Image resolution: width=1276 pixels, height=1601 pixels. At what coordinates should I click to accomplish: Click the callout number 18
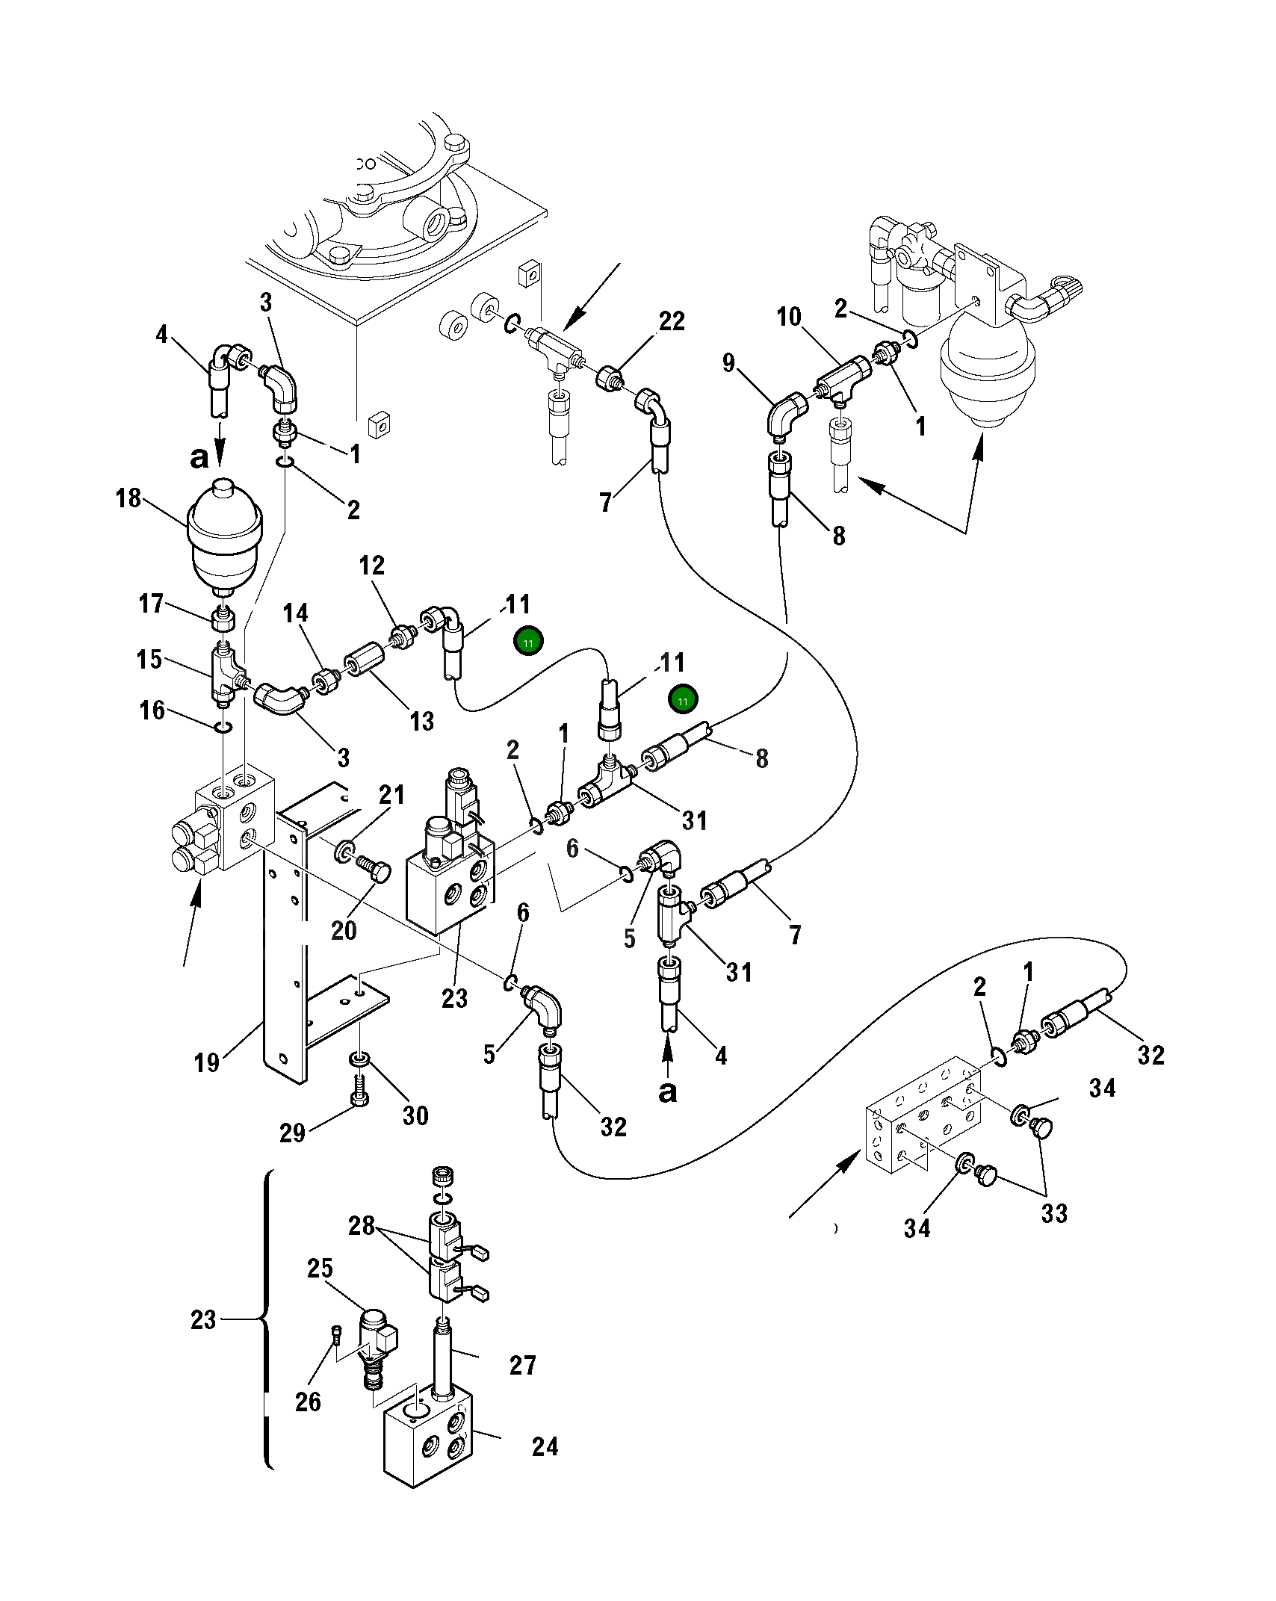(x=128, y=498)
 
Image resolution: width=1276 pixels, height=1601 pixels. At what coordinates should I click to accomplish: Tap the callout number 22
(x=672, y=321)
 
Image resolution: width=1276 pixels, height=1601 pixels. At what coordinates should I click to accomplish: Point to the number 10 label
(x=789, y=317)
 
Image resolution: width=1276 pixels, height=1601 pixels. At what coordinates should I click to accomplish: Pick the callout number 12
(x=372, y=566)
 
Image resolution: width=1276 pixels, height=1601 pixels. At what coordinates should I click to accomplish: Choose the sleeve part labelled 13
(x=364, y=660)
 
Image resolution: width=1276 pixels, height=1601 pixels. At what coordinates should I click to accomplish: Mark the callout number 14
(x=295, y=613)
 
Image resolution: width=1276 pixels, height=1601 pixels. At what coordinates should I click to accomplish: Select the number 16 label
(x=152, y=710)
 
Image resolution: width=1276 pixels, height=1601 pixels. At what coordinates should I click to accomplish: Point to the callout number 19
(x=206, y=1062)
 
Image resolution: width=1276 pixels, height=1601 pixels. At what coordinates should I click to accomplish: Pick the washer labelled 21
(x=345, y=850)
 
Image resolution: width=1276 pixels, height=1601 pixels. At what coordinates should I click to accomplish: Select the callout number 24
(x=545, y=1446)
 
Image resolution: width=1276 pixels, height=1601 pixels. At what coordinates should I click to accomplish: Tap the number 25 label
(x=320, y=1268)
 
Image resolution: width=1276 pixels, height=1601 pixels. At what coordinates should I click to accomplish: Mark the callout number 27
(x=523, y=1365)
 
